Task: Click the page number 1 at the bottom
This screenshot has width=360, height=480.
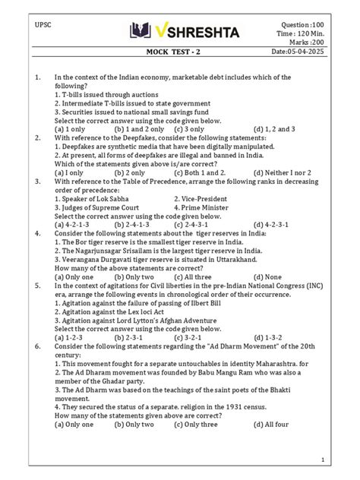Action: tap(323, 460)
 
